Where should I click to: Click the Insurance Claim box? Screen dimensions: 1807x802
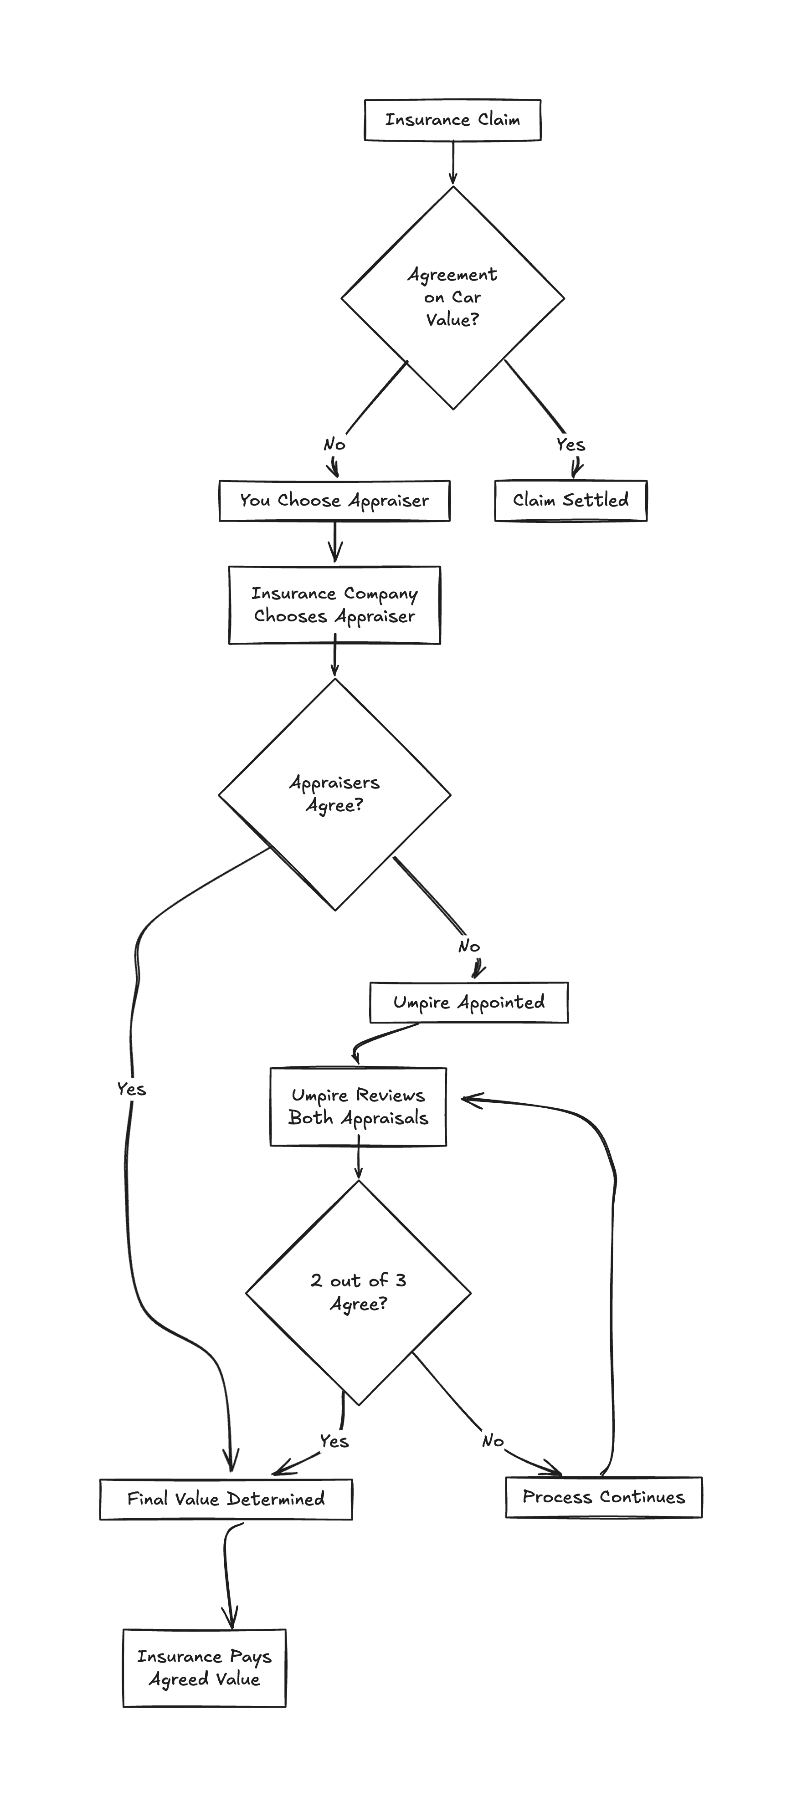tap(452, 120)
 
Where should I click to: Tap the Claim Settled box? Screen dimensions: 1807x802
tap(571, 500)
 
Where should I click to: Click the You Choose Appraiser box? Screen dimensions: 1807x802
tap(334, 500)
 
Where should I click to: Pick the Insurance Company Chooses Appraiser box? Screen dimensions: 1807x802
tap(334, 604)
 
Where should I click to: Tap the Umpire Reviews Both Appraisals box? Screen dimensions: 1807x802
tap(358, 1106)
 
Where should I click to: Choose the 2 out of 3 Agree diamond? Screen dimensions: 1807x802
tap(358, 1292)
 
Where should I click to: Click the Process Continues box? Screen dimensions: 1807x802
tap(603, 1496)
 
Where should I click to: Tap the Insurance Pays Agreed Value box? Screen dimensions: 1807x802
tap(204, 1668)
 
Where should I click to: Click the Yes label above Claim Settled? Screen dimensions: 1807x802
tap(571, 444)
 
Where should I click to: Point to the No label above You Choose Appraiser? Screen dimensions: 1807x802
tap(334, 444)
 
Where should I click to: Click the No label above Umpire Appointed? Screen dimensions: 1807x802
tap(469, 946)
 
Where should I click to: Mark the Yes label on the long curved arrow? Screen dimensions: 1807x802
tap(131, 1089)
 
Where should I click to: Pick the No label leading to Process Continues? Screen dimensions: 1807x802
tap(493, 1441)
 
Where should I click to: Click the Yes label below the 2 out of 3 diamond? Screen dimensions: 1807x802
tap(334, 1441)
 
